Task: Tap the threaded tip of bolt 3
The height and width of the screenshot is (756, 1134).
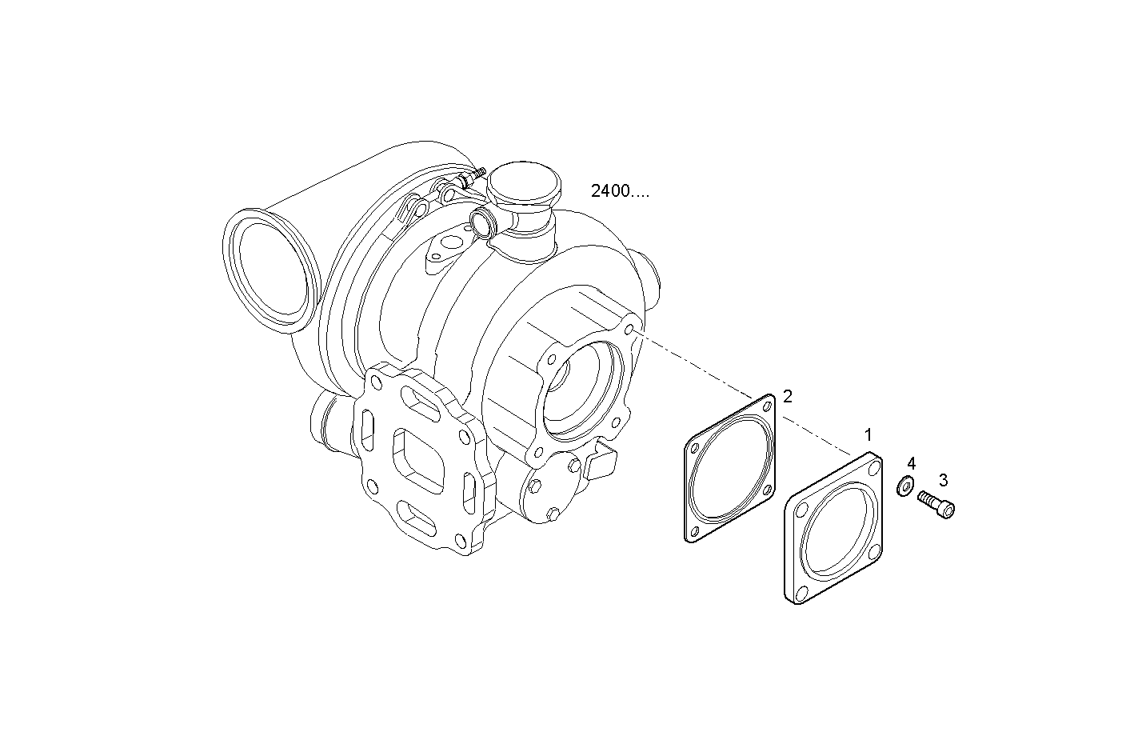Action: pos(921,495)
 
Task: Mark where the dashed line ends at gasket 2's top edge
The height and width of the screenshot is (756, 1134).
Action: pos(753,397)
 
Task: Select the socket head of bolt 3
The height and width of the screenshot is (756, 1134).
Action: pos(947,510)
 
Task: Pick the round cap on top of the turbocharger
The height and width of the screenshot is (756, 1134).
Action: pos(524,183)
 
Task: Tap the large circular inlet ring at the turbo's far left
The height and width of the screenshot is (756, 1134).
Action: pos(272,271)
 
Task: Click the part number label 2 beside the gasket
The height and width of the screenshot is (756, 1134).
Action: pos(787,396)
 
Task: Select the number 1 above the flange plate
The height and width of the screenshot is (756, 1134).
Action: pos(868,434)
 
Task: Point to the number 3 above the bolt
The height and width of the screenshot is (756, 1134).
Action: pos(943,479)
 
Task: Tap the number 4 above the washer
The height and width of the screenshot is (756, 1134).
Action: pos(911,463)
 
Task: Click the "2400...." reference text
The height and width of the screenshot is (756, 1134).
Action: pos(620,191)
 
